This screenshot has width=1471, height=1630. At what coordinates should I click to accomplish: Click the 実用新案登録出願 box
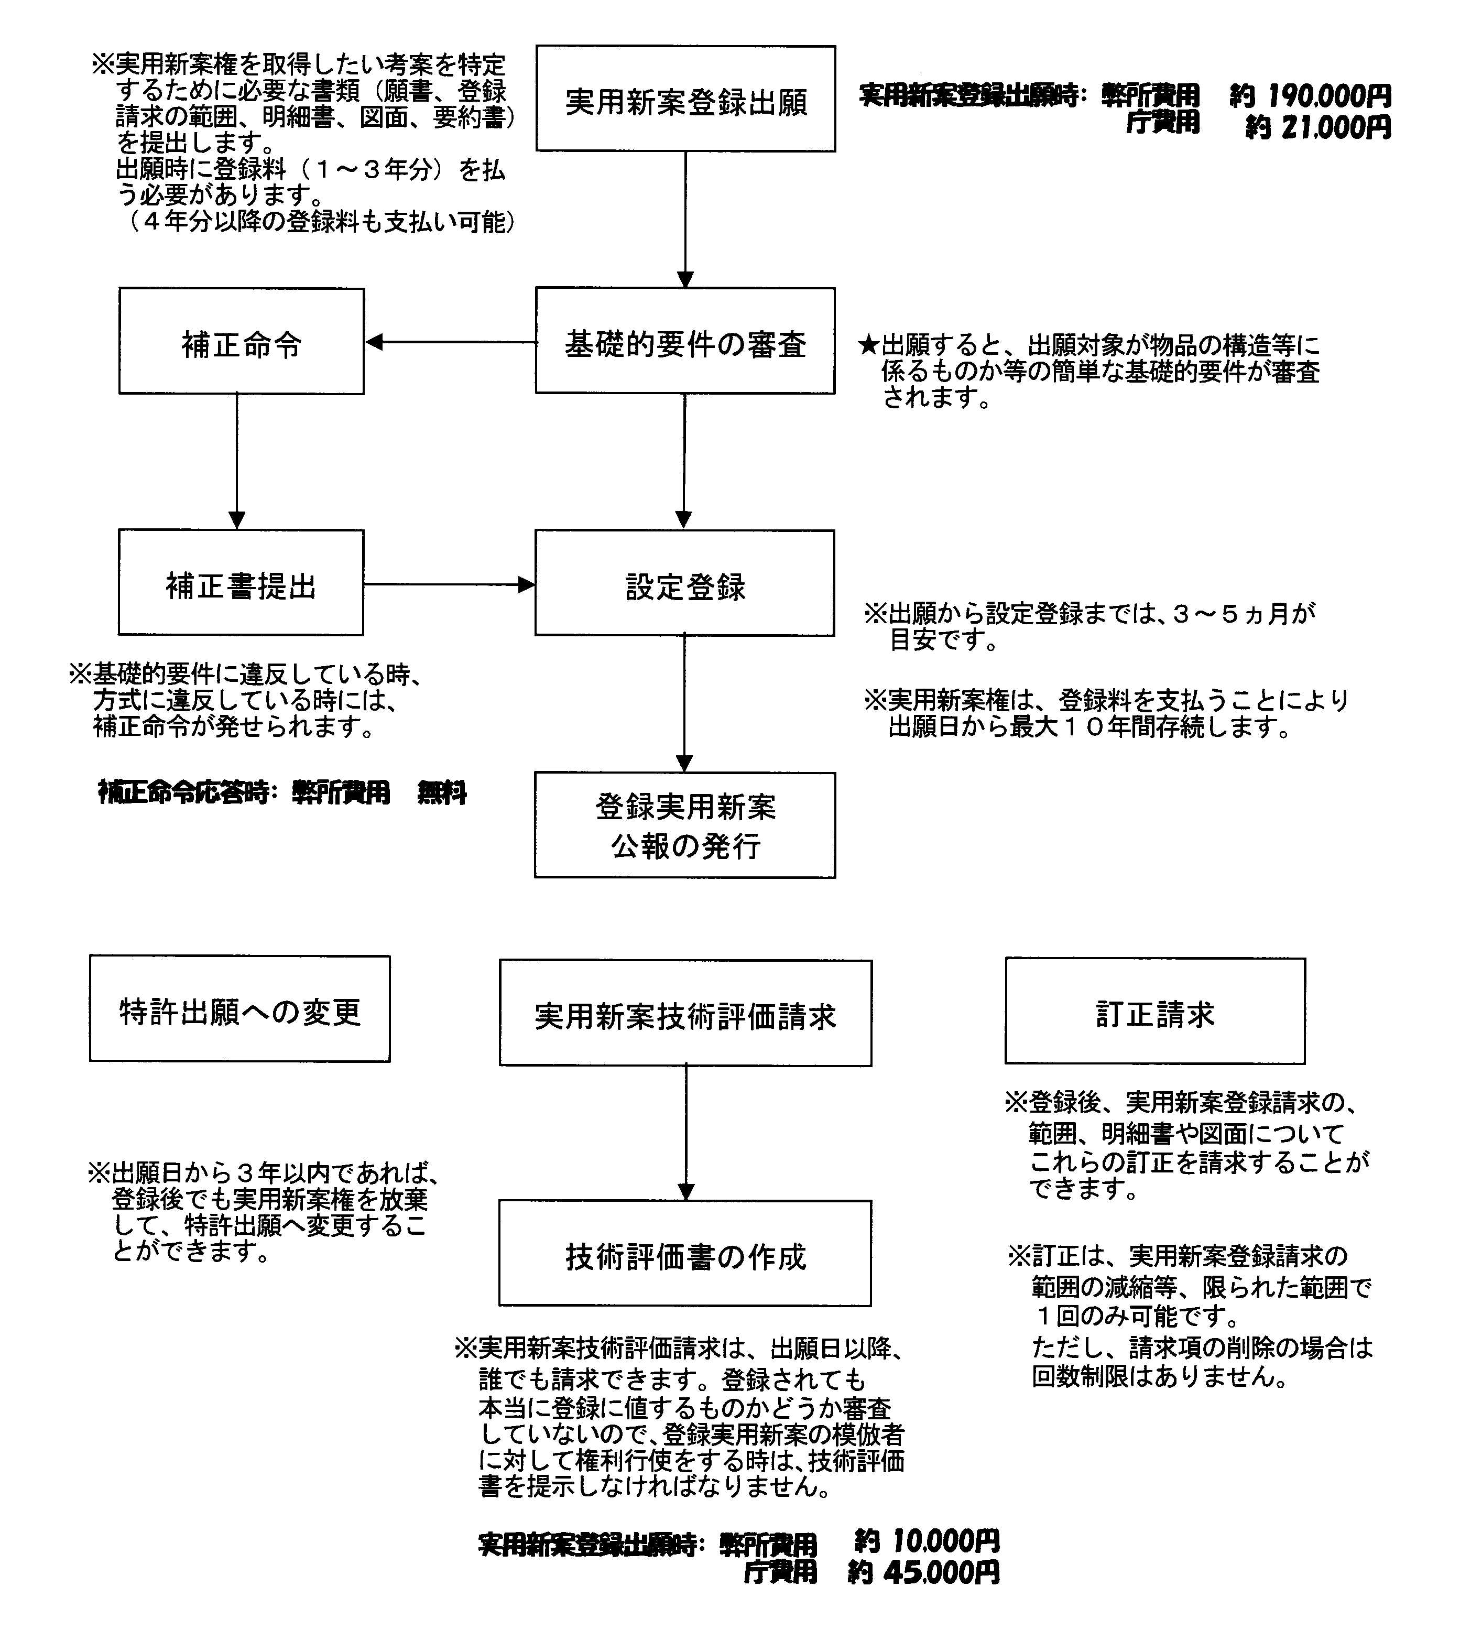point(685,99)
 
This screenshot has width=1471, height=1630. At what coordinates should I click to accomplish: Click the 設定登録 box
point(684,583)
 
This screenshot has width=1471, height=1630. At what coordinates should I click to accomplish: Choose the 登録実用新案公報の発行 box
point(684,825)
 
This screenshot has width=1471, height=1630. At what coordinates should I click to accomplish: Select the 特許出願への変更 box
point(240,1008)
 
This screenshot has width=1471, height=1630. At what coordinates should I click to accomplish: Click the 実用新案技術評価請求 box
point(685,1013)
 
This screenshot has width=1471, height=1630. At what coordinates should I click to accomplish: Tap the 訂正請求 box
point(1155,1011)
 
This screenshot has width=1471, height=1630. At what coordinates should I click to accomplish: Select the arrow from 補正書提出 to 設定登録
point(450,583)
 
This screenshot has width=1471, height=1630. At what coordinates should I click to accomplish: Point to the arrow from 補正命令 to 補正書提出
point(237,461)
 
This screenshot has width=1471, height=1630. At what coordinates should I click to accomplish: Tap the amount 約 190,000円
point(1310,96)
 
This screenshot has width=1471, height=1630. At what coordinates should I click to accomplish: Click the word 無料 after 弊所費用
point(442,793)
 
